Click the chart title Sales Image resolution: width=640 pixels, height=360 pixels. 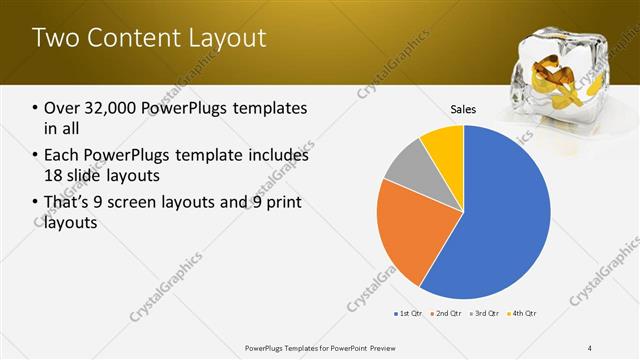[x=463, y=110]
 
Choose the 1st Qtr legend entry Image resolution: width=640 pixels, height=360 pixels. [x=409, y=314]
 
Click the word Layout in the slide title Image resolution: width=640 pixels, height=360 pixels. [x=227, y=38]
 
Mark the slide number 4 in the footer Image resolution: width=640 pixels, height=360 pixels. [x=590, y=347]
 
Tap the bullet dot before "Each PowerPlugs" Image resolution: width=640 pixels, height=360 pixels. [x=35, y=156]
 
